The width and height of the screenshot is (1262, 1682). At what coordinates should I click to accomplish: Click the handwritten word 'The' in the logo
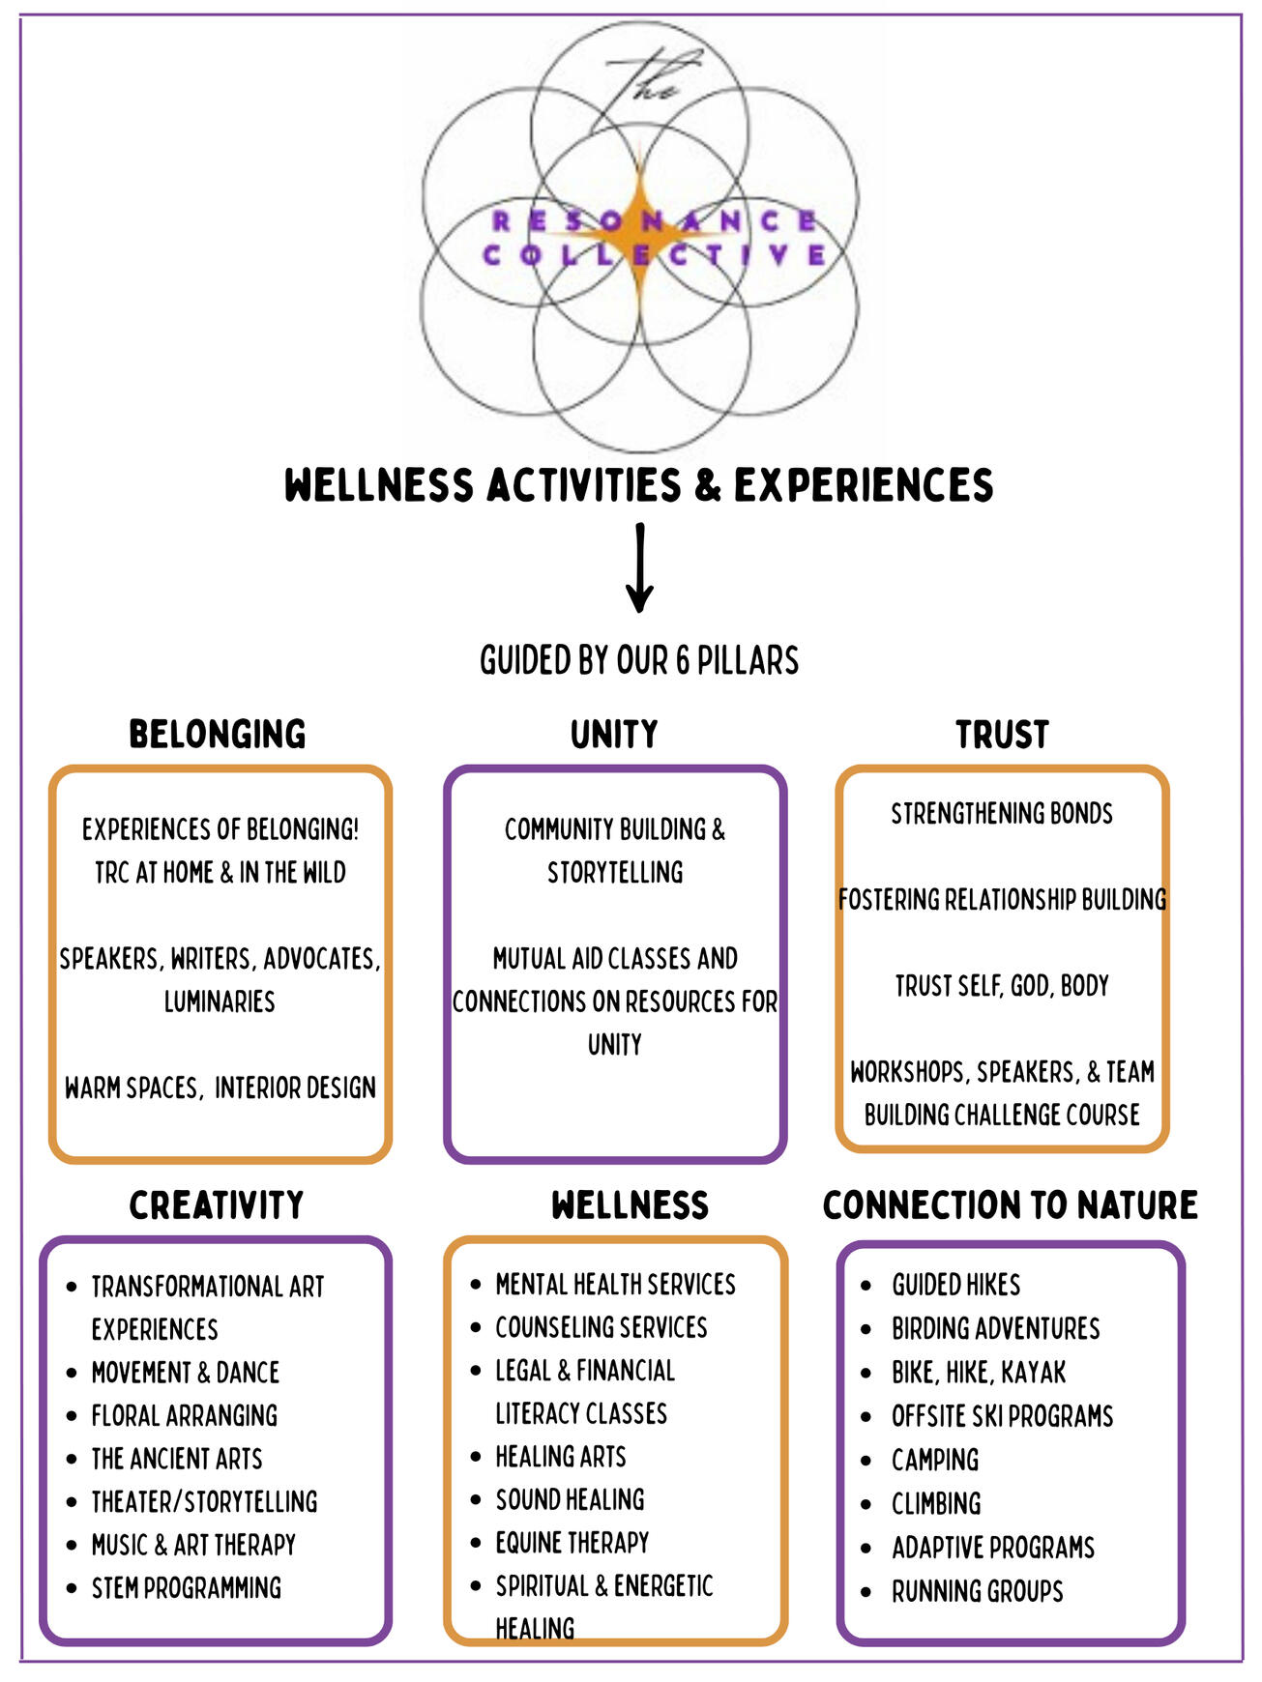pyautogui.click(x=644, y=76)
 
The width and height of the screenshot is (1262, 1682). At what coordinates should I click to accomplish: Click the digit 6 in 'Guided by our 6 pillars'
pyautogui.click(x=683, y=661)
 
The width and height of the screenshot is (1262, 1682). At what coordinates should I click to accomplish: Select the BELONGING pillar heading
pyautogui.click(x=218, y=735)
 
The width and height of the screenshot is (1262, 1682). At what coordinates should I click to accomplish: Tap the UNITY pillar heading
pyautogui.click(x=614, y=735)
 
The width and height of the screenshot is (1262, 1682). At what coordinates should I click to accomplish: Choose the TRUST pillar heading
pyautogui.click(x=1002, y=735)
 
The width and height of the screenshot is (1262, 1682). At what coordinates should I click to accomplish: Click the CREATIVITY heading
pyautogui.click(x=217, y=1205)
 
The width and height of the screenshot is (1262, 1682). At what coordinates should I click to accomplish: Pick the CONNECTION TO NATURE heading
pyautogui.click(x=1010, y=1205)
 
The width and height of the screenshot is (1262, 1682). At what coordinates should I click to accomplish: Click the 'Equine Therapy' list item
pyautogui.click(x=572, y=1543)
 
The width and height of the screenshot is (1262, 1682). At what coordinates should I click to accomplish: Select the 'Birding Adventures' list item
pyautogui.click(x=995, y=1328)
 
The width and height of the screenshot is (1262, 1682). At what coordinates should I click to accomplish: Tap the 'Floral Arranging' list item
pyautogui.click(x=184, y=1416)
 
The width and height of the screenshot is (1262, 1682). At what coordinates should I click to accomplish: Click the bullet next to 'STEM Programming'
pyautogui.click(x=72, y=1588)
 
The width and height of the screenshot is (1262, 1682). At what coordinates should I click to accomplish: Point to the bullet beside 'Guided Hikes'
pyautogui.click(x=866, y=1286)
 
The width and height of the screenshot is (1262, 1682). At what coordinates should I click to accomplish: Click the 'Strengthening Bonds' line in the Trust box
pyautogui.click(x=1002, y=814)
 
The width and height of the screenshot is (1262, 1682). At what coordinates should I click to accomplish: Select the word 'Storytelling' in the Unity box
pyautogui.click(x=615, y=873)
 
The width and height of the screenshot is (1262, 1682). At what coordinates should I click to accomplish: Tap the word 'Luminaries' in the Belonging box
pyautogui.click(x=220, y=1001)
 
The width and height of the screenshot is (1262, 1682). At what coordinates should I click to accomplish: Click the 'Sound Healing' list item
pyautogui.click(x=570, y=1500)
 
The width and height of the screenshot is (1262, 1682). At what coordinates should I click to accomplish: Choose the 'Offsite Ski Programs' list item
pyautogui.click(x=1002, y=1416)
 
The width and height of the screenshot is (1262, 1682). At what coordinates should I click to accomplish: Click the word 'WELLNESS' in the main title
pyautogui.click(x=379, y=485)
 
